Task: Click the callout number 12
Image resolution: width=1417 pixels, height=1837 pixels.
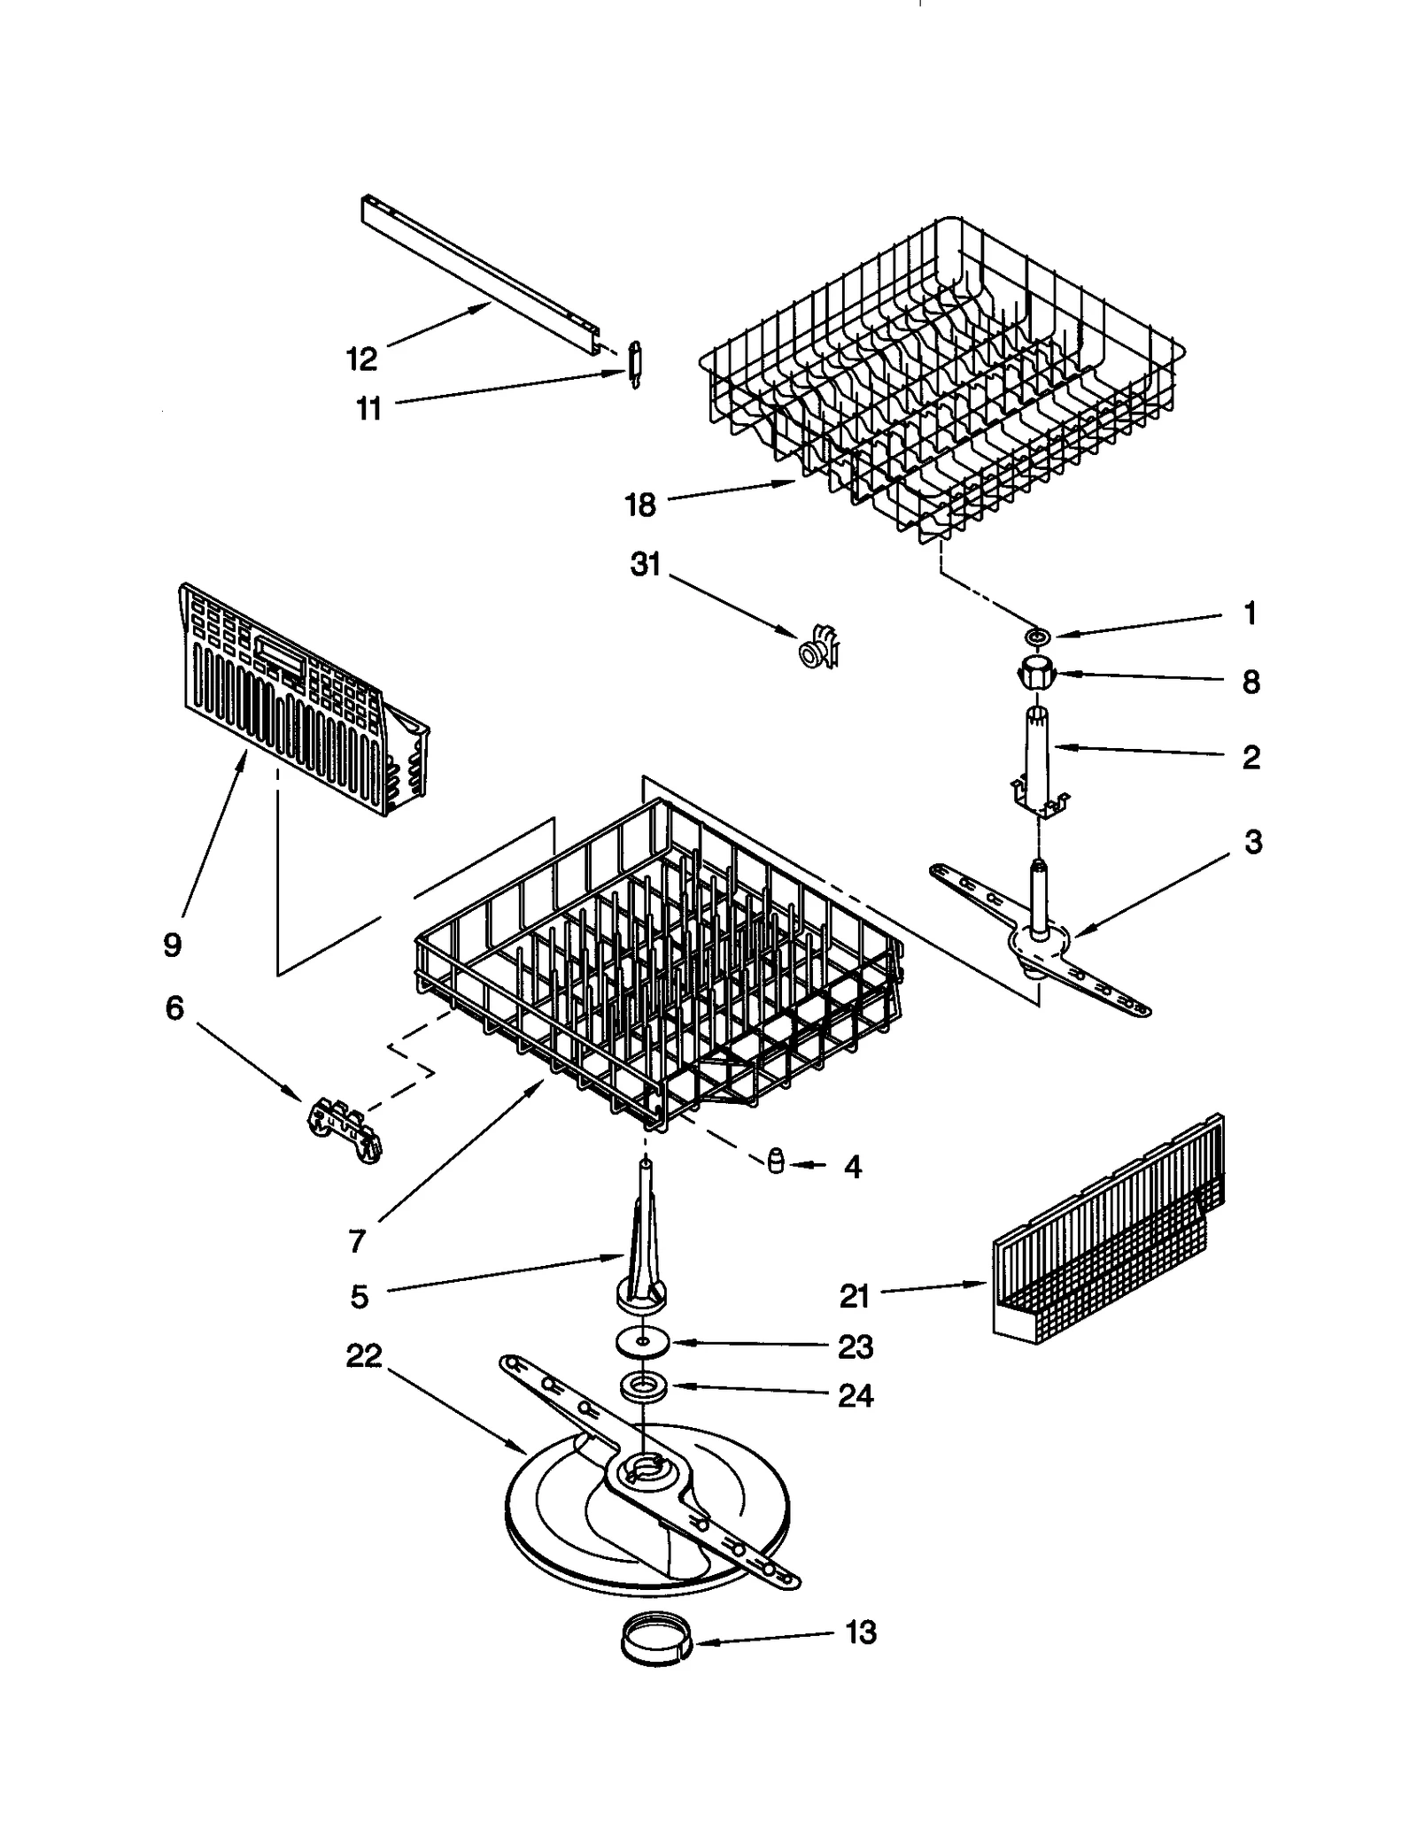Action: (361, 359)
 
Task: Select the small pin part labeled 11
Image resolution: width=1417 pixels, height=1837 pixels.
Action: (634, 363)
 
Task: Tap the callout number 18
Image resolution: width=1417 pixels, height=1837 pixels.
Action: (639, 505)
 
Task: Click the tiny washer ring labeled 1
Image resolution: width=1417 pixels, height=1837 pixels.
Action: (1037, 636)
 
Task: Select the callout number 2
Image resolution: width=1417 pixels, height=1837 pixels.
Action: (1251, 757)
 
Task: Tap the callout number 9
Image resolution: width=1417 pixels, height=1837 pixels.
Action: (172, 945)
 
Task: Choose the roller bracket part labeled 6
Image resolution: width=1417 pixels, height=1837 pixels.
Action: (345, 1129)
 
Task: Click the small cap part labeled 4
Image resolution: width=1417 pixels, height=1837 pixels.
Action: (776, 1162)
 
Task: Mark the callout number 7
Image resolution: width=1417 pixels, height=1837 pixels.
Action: (356, 1241)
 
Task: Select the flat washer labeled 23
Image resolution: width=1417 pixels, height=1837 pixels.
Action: (641, 1341)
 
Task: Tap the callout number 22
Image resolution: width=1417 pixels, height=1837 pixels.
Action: (363, 1355)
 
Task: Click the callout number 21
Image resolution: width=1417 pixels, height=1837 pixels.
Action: (855, 1296)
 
